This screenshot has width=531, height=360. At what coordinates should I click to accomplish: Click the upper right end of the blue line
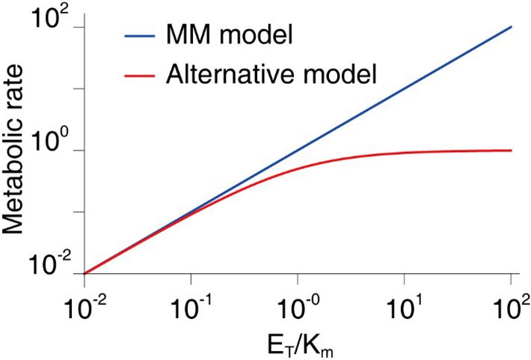pos(511,27)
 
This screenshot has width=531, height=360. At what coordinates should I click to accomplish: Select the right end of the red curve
pos(511,150)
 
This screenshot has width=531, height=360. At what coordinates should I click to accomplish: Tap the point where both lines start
pos(85,273)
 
